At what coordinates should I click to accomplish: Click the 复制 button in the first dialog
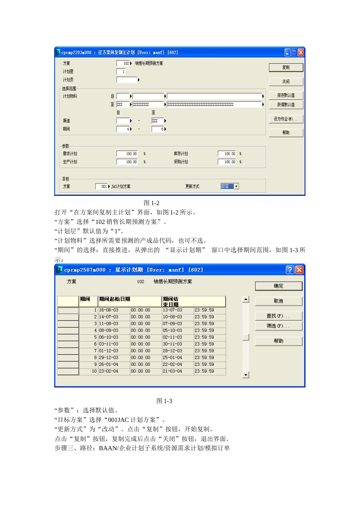point(286,67)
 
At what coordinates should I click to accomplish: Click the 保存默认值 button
point(286,95)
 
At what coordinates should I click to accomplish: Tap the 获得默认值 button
point(286,105)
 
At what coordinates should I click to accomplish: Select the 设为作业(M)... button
point(286,119)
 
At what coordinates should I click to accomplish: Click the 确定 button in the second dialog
point(279,286)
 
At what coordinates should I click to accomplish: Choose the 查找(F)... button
point(279,316)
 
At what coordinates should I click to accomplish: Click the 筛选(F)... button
point(279,326)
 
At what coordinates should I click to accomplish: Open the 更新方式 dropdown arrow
point(236,186)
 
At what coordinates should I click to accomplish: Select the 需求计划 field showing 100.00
point(127,154)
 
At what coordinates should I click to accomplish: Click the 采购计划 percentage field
point(227,162)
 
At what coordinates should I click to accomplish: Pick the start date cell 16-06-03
point(109,310)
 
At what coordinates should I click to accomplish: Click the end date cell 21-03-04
point(172,372)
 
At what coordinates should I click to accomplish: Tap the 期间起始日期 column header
point(114,299)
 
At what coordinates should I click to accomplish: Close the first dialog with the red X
point(301,52)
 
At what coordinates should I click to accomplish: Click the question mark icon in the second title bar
point(290,270)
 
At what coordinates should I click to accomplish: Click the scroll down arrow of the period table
point(246,375)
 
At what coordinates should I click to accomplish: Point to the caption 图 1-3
point(164,401)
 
